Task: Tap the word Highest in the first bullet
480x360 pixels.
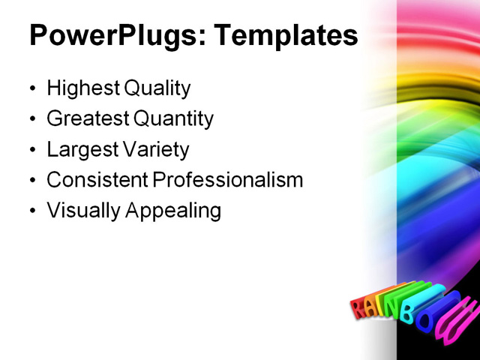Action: [x=83, y=88]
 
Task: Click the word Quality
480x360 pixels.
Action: [x=157, y=88]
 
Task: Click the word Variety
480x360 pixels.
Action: [x=157, y=149]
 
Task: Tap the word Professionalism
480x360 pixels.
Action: [x=228, y=180]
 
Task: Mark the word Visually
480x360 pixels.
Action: [x=83, y=211]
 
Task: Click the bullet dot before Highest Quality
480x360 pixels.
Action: [x=32, y=89]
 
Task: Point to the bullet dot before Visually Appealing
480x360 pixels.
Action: [x=32, y=211]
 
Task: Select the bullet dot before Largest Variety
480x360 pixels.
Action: [x=32, y=150]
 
